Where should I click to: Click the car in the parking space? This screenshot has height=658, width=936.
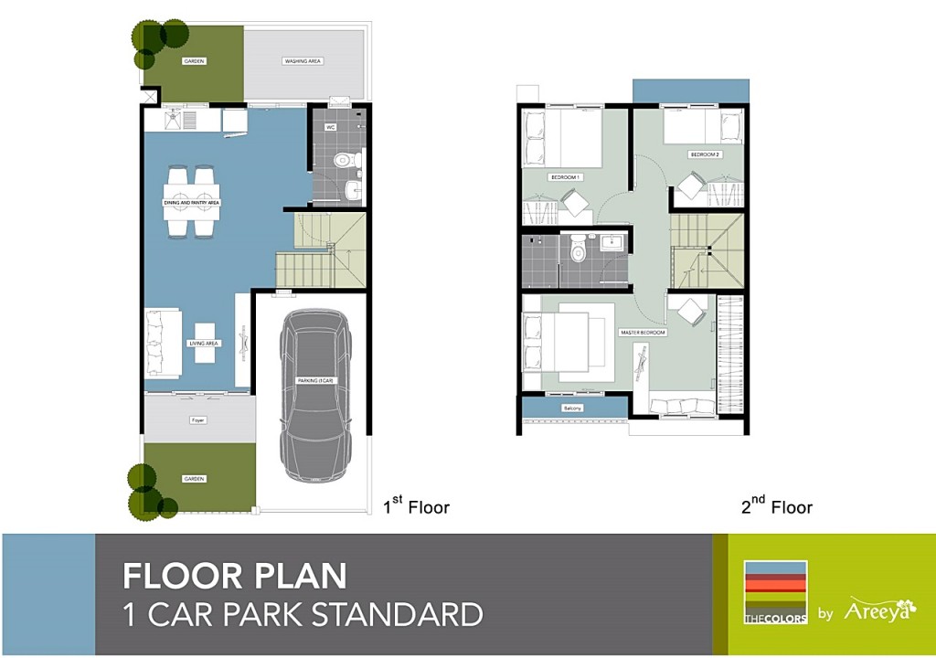click(314, 395)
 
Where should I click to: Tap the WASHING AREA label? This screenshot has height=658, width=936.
click(303, 61)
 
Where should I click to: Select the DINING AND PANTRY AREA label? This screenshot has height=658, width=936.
click(192, 202)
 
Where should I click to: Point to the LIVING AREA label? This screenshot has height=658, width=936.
click(203, 344)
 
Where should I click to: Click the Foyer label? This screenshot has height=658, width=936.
click(197, 420)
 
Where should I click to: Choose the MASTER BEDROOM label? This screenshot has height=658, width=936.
click(643, 333)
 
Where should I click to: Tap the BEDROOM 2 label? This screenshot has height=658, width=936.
click(706, 154)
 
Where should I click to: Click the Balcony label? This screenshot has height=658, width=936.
click(573, 407)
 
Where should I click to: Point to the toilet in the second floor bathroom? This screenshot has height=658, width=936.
click(578, 249)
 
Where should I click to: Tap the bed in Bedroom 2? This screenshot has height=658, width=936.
click(702, 127)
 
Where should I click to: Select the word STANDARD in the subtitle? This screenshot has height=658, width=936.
click(398, 614)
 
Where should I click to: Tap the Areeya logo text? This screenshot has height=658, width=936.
click(877, 609)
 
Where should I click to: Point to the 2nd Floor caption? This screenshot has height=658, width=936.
click(775, 505)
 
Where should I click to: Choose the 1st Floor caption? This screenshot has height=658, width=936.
click(416, 505)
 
